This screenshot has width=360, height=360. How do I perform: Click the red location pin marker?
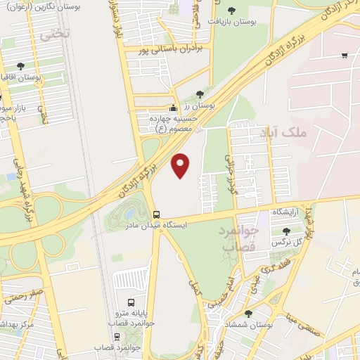[x=181, y=165]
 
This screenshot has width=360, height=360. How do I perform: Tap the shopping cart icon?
[x=344, y=56]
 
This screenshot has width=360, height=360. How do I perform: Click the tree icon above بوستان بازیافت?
[x=233, y=11]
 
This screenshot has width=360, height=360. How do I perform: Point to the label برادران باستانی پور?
[x=165, y=51]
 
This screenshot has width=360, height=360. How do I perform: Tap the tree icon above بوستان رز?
[x=200, y=93]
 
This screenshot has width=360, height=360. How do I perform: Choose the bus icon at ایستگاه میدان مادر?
[x=156, y=214]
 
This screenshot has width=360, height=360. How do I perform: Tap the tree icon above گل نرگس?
[x=285, y=231]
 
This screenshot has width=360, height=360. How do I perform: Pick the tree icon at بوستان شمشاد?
[x=247, y=314]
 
